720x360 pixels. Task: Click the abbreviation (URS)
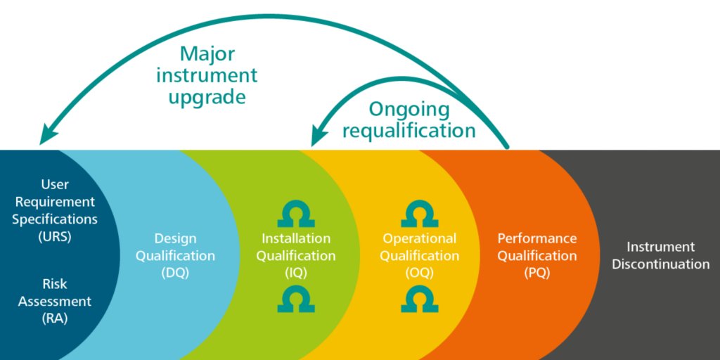55,236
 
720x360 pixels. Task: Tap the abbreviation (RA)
55,319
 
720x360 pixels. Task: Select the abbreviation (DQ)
175,273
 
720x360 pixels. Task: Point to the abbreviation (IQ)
295,273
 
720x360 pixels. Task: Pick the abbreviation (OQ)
419,273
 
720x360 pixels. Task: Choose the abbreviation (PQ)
537,273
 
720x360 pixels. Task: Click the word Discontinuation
660,264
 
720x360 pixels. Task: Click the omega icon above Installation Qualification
296,213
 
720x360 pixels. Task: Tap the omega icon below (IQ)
296,300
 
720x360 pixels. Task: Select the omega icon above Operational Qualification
420,213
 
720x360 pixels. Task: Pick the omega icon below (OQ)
420,300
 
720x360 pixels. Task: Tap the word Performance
537,238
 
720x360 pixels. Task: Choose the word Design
175,238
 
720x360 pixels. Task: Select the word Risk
55,284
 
